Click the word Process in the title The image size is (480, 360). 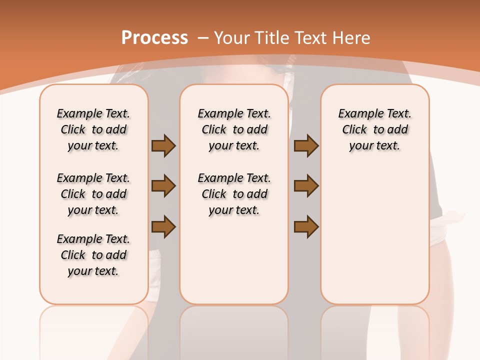click(154, 37)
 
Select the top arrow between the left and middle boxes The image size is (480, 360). click(163, 145)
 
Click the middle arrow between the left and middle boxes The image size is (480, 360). click(163, 186)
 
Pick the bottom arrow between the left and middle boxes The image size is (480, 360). click(163, 226)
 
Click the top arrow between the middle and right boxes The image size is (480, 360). click(306, 145)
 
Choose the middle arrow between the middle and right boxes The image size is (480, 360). click(306, 186)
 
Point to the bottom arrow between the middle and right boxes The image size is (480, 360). click(306, 226)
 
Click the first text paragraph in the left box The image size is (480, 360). click(93, 129)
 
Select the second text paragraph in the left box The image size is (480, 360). click(93, 194)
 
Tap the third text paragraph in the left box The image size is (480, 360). click(93, 255)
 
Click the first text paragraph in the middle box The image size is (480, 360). click(234, 129)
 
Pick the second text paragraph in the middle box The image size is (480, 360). click(234, 194)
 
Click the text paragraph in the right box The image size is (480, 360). click(374, 129)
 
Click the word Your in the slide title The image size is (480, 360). click(232, 37)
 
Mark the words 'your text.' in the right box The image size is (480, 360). click(374, 146)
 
